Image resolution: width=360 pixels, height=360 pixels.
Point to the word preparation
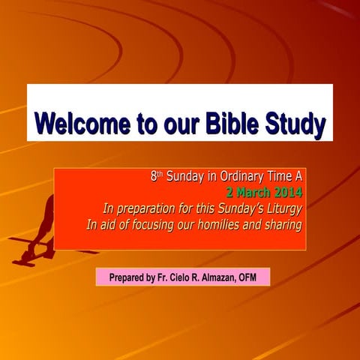tap(146, 209)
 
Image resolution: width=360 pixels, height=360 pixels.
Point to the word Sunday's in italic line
tap(234, 209)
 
